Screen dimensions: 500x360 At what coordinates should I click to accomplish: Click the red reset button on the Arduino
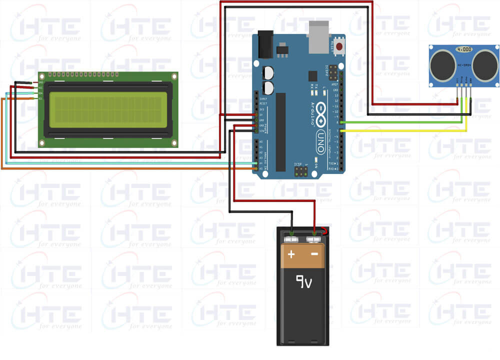pos(340,47)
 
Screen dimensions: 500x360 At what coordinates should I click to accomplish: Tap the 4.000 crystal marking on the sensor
pos(463,49)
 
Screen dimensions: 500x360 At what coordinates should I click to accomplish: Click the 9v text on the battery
pos(303,283)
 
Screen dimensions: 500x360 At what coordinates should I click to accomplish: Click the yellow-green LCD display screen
pos(106,110)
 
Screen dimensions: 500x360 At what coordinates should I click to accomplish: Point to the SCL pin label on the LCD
pos(40,98)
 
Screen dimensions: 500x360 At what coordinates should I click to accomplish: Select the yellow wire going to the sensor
pos(400,131)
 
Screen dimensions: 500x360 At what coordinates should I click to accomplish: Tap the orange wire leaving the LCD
pos(125,169)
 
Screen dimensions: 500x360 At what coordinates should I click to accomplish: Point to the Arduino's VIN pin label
pos(261,131)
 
